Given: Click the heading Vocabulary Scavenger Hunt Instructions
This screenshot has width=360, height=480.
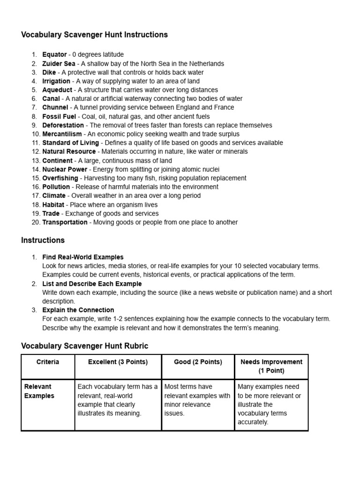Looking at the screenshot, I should click(94, 35).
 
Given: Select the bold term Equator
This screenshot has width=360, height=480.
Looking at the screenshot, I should click(54, 55).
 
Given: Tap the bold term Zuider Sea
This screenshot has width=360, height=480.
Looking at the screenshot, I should click(59, 64).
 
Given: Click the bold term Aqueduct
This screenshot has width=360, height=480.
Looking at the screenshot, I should click(57, 90).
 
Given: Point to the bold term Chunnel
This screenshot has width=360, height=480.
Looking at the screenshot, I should click(55, 107).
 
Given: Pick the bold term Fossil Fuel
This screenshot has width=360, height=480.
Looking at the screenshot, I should click(59, 116).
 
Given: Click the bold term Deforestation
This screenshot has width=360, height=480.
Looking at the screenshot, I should click(63, 125).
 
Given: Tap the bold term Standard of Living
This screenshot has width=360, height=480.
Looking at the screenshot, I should click(70, 143).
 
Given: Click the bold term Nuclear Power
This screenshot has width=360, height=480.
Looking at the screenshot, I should click(65, 169).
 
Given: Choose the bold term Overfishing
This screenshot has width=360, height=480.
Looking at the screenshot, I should click(60, 178).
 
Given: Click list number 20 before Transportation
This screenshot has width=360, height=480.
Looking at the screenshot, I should click(36, 223).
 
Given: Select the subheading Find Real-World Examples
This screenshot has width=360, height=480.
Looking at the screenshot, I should click(83, 257).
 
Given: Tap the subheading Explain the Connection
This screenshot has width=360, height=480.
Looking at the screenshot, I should click(78, 310).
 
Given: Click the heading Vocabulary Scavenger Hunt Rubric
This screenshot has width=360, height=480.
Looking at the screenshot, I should click(84, 346).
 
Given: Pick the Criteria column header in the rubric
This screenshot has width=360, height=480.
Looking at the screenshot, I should click(48, 362).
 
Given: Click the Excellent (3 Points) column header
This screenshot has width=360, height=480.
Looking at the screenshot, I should click(118, 362).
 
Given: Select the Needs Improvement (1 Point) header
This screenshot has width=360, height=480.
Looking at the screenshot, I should click(271, 366).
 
